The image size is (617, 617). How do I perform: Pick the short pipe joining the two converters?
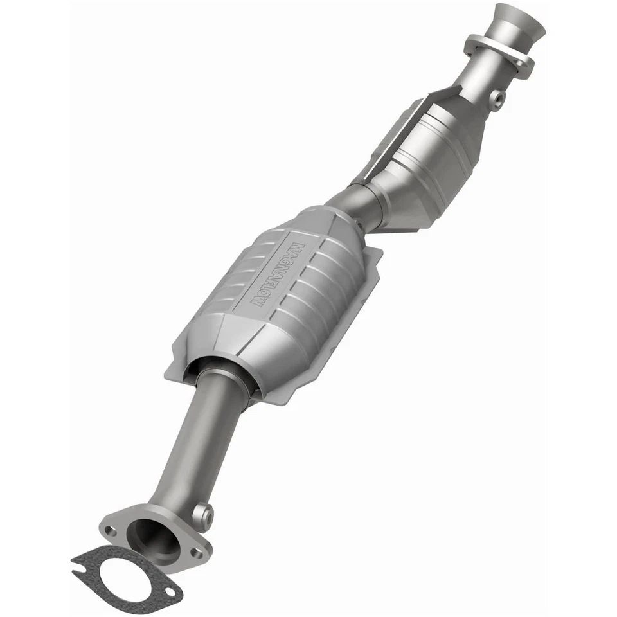[357, 206]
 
